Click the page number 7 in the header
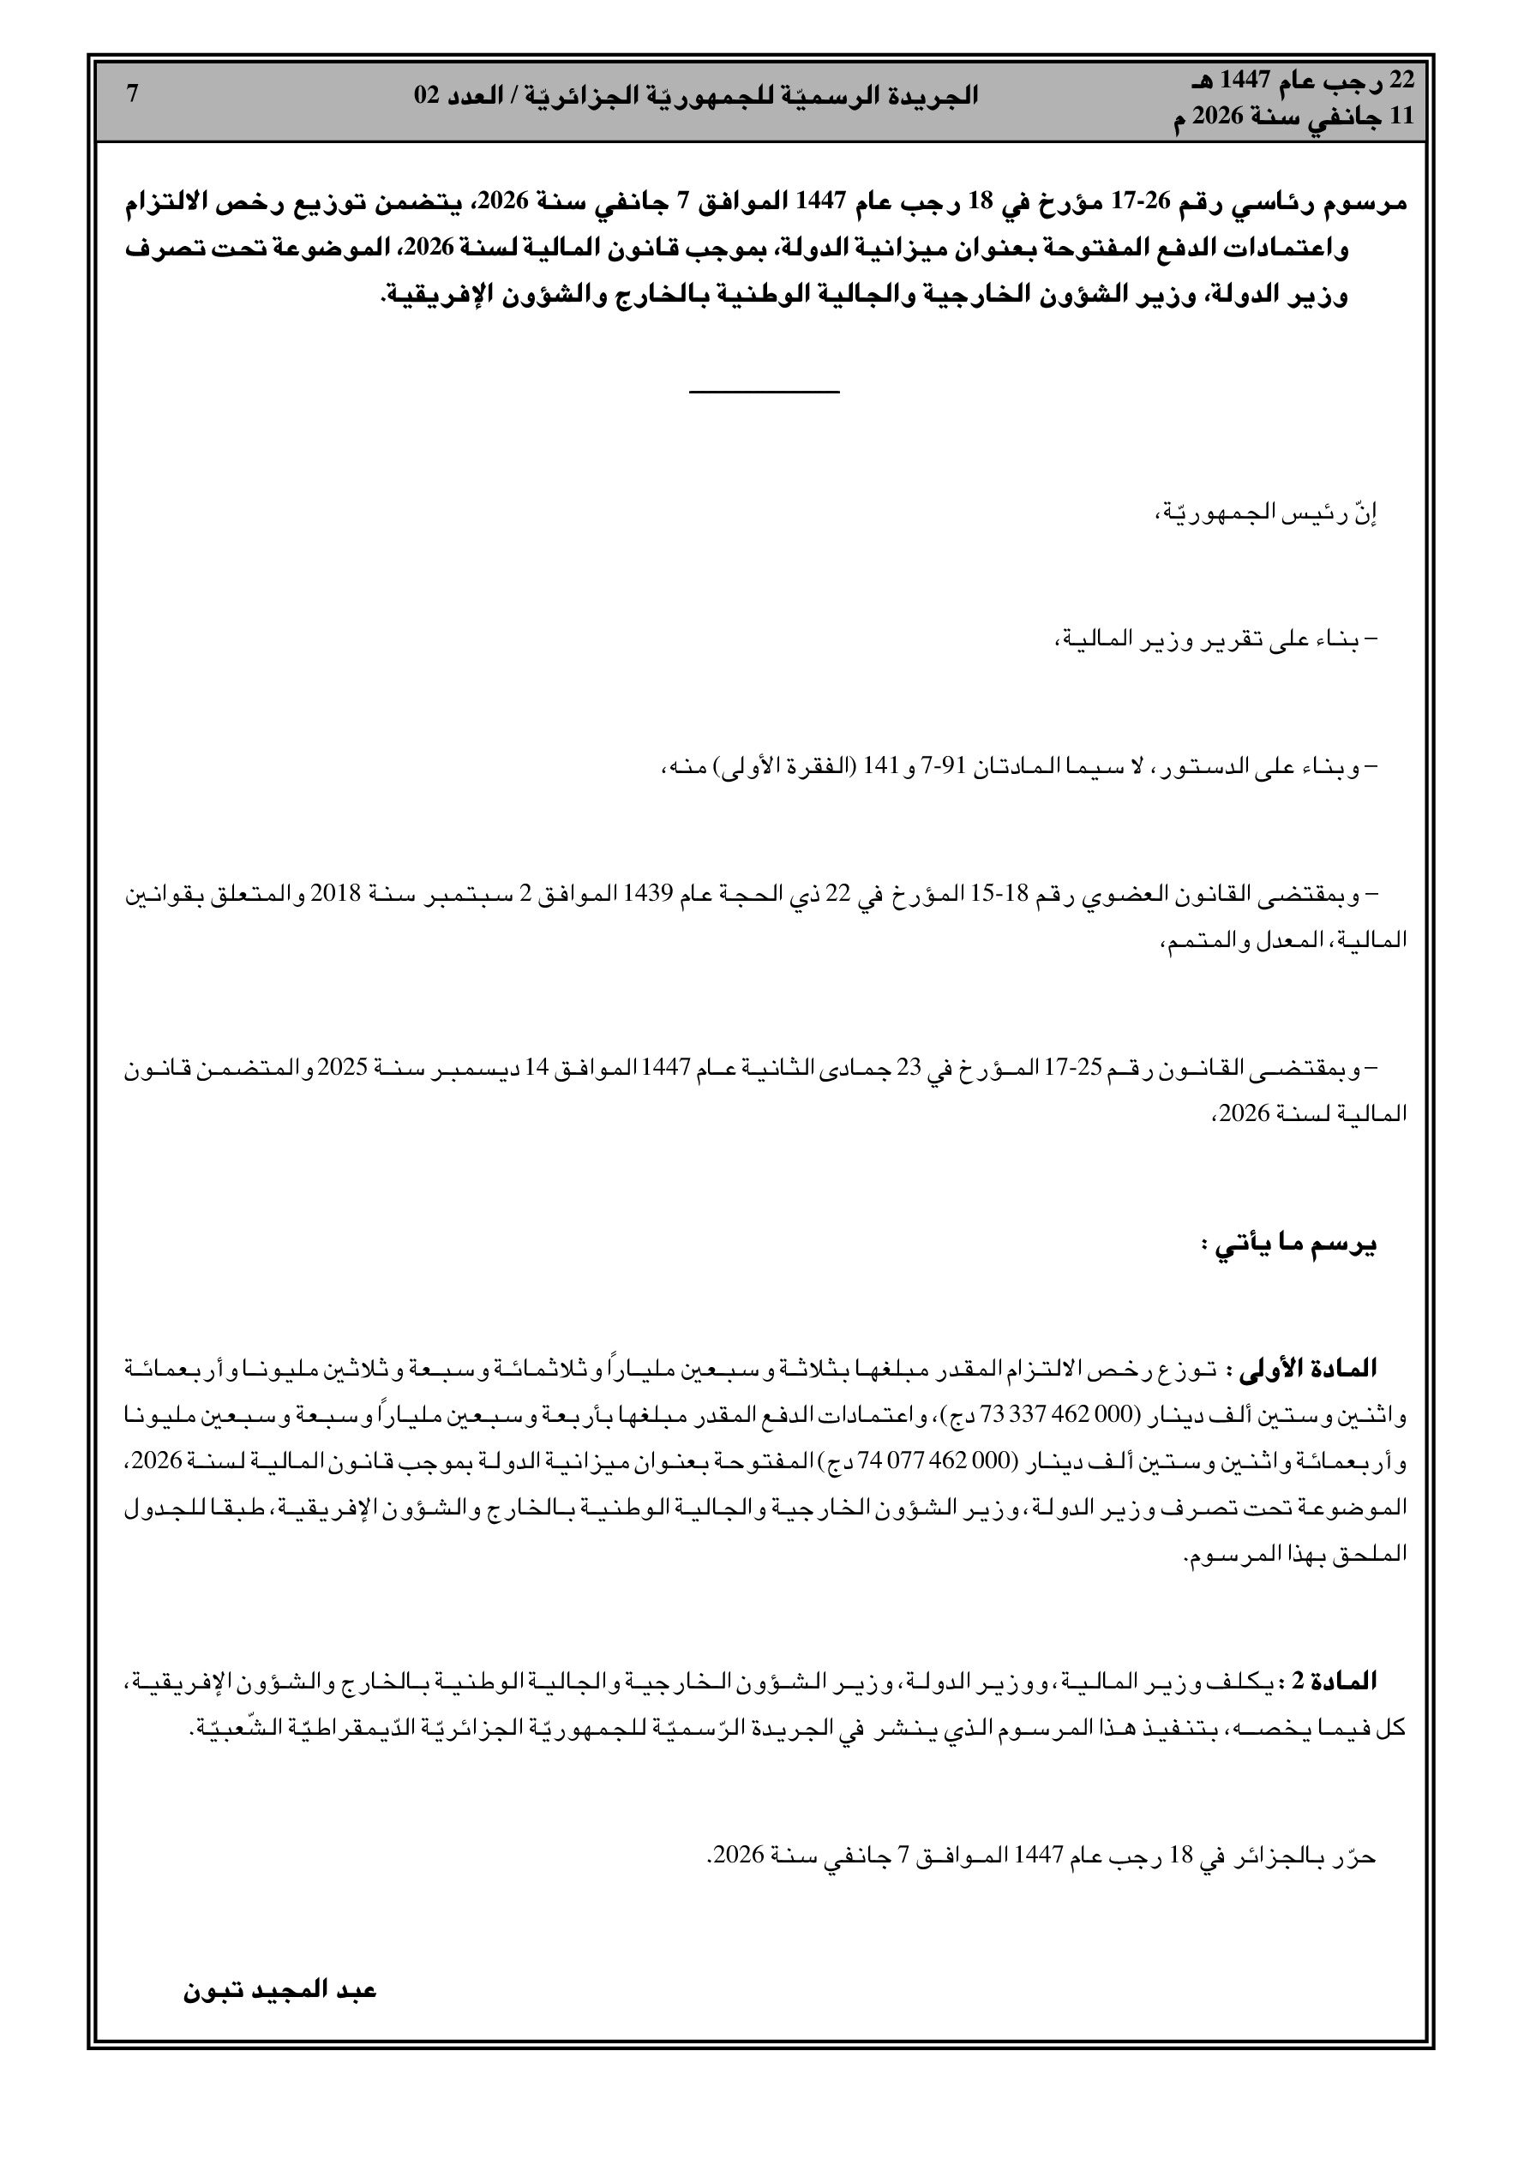pyautogui.click(x=132, y=94)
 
